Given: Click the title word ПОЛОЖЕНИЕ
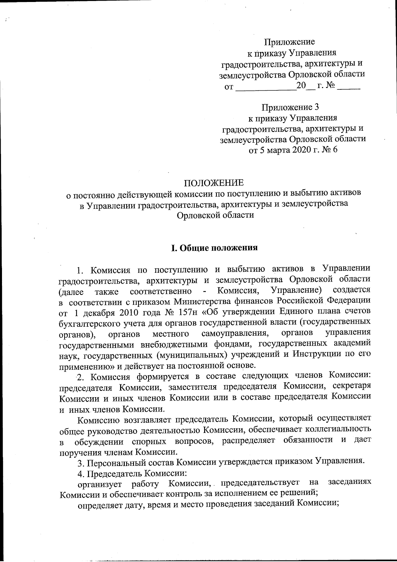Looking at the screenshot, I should tap(214, 183).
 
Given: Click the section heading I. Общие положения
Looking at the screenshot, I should tap(214, 248).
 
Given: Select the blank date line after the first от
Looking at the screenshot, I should tap(266, 88).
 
